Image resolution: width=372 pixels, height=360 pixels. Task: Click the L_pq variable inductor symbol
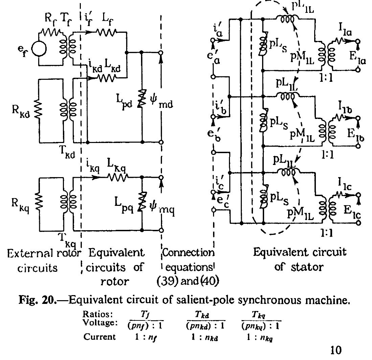coord(142,202)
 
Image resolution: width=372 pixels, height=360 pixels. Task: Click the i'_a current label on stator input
coord(218,31)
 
